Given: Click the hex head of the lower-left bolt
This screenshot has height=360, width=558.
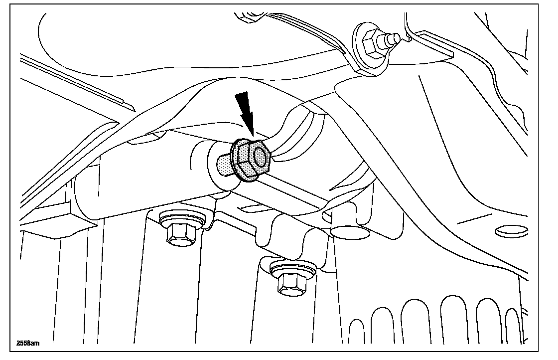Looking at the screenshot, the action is pyautogui.click(x=180, y=234).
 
